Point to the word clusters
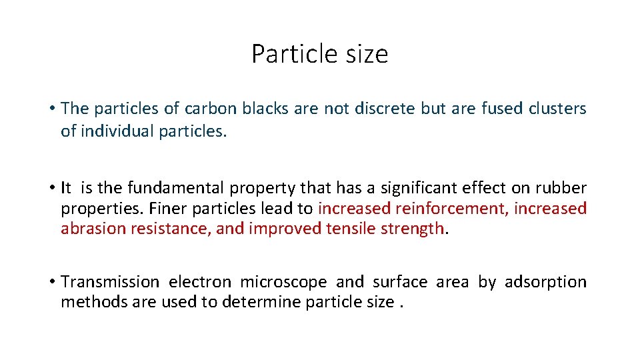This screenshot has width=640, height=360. coord(557,109)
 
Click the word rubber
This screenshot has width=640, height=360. coord(565,189)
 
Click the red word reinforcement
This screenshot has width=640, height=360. coord(450,209)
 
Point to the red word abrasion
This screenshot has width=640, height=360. coord(92,229)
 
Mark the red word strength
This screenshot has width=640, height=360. coord(418,229)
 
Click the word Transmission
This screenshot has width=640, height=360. coord(110,282)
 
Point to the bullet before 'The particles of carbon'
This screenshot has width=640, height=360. coord(51,109)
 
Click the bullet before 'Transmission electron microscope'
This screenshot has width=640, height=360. coord(51,282)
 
